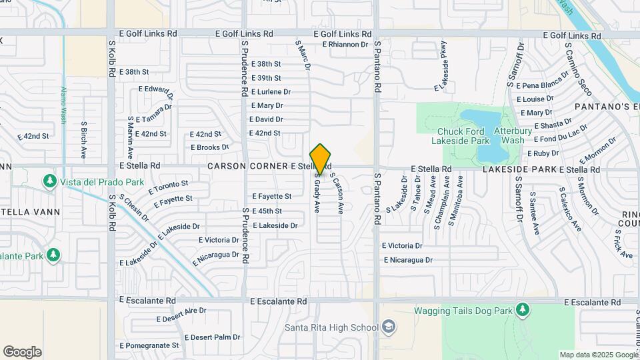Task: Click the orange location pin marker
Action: (x=321, y=159)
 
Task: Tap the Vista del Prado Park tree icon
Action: (x=49, y=181)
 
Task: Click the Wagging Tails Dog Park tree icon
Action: (x=523, y=310)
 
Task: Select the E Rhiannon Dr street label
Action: (x=345, y=45)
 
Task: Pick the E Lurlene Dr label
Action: (x=271, y=92)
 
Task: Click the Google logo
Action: (x=22, y=352)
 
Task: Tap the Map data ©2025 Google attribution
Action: (x=598, y=355)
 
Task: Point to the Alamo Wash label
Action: (x=64, y=106)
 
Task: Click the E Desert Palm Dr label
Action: (x=212, y=337)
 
